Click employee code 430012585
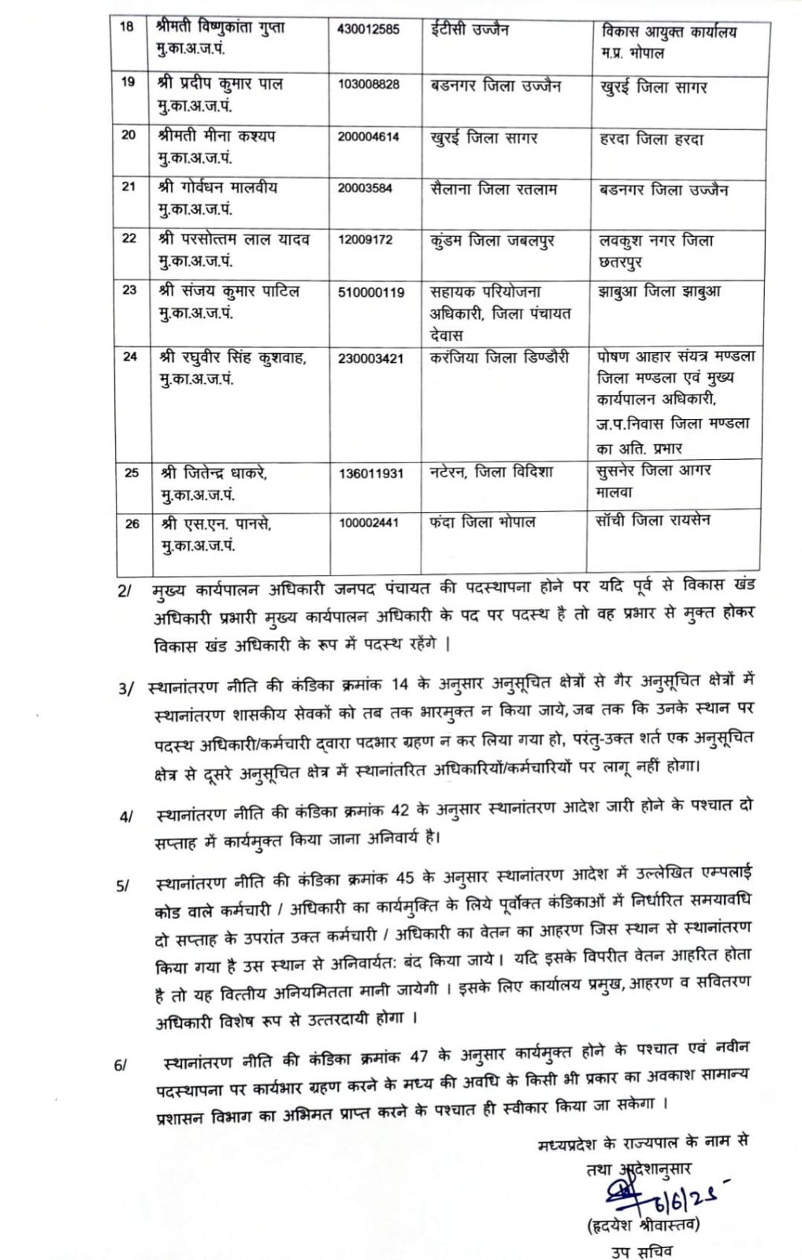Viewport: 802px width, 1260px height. tap(368, 30)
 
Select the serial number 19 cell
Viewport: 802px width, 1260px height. tap(128, 82)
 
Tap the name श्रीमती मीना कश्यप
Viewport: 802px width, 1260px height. tap(217, 135)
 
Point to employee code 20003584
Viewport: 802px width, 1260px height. tap(365, 188)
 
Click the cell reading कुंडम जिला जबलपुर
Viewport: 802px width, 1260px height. tap(492, 239)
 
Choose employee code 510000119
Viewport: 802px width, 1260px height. tap(371, 292)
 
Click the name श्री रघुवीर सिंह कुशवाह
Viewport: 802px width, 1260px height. tap(232, 358)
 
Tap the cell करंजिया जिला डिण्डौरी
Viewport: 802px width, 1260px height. tap(499, 357)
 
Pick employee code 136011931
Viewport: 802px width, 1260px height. tap(371, 473)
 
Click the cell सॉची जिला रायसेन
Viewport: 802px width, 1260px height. tap(654, 520)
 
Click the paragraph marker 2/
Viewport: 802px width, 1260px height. tap(125, 591)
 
